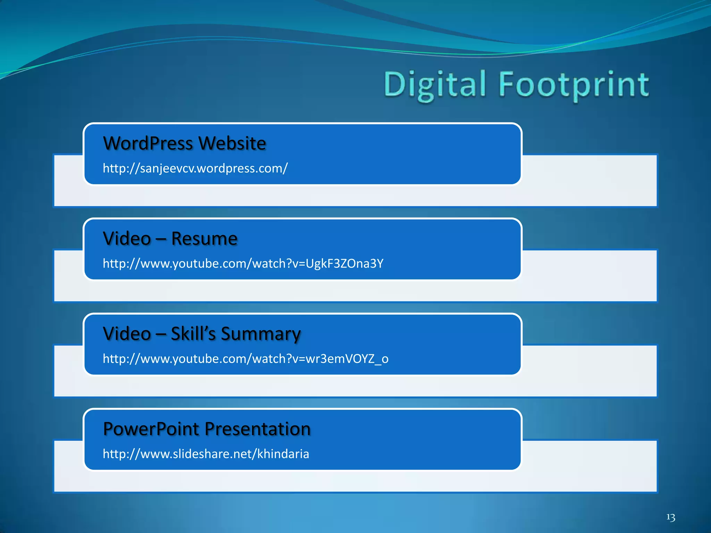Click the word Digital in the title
(x=435, y=85)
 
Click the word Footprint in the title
(x=574, y=85)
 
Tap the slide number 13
(x=670, y=517)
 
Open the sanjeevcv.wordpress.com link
(x=195, y=168)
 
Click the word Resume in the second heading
(x=204, y=239)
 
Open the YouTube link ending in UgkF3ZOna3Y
(x=243, y=264)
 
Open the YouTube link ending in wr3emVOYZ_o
(x=245, y=359)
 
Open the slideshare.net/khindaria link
(x=206, y=454)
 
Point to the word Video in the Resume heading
(x=127, y=239)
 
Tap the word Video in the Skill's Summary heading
(x=127, y=334)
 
